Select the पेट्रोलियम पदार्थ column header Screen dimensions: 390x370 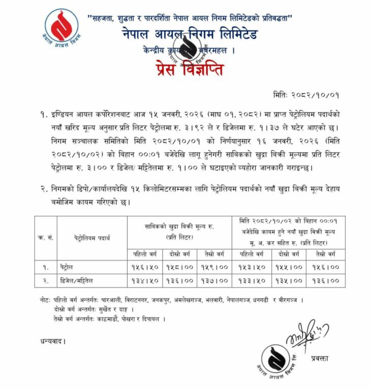click(x=92, y=237)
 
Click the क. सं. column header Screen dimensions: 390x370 click(x=44, y=237)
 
